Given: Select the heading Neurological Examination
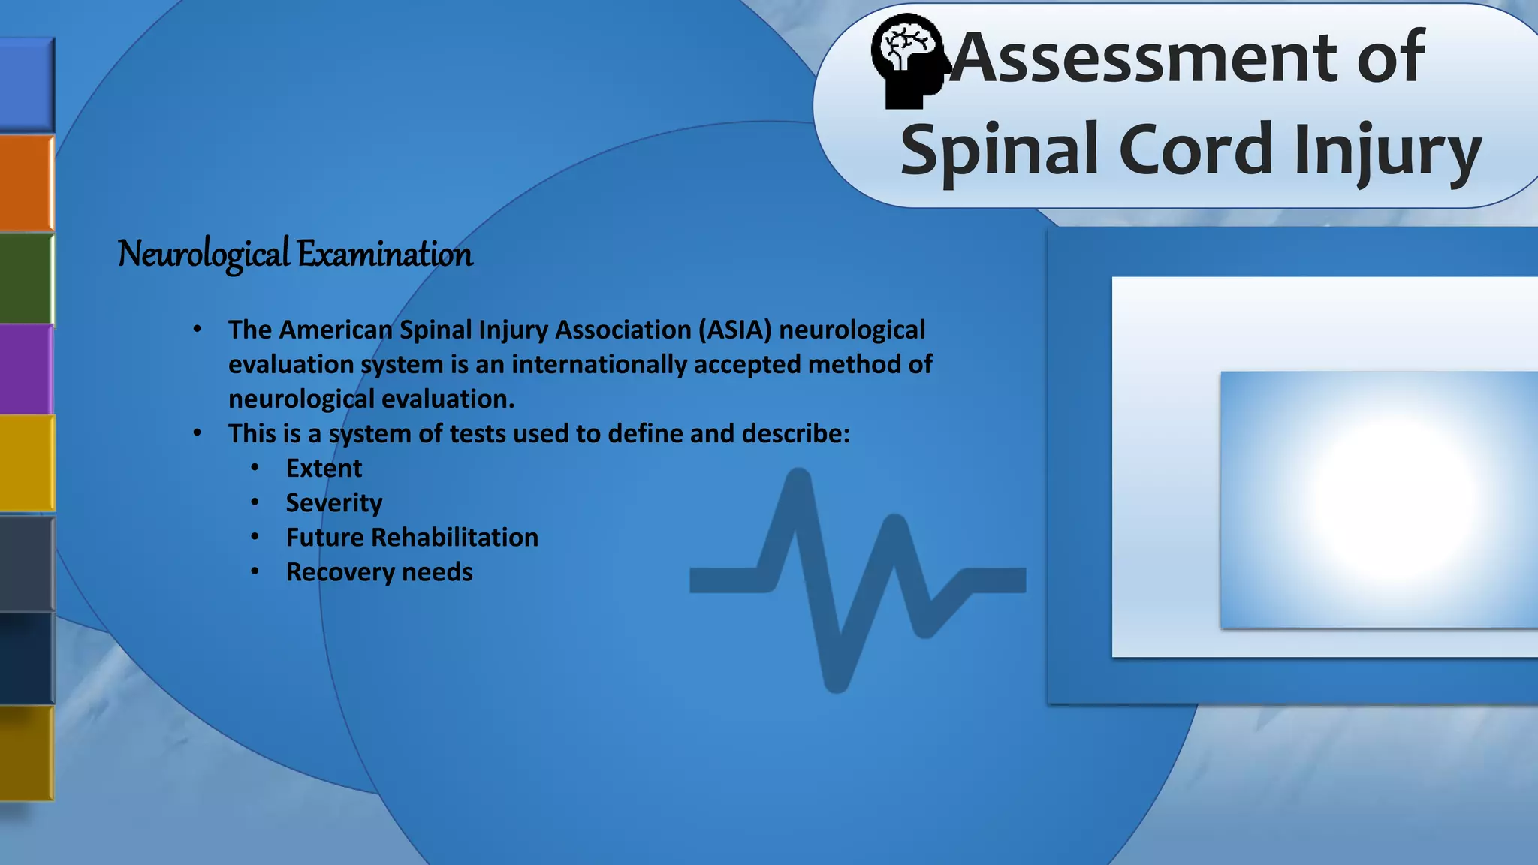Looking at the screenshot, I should (x=295, y=254).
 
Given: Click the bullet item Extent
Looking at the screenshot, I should (x=324, y=468).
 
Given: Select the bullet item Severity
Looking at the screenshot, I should (x=334, y=502).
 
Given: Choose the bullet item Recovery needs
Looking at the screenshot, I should (x=379, y=571).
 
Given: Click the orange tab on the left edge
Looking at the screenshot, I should (x=26, y=182).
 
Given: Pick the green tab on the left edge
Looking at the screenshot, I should (x=26, y=278).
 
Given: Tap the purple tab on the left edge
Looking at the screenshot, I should (x=26, y=369).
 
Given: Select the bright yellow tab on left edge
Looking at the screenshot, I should (x=26, y=463).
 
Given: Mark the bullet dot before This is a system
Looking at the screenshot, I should (x=197, y=433).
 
